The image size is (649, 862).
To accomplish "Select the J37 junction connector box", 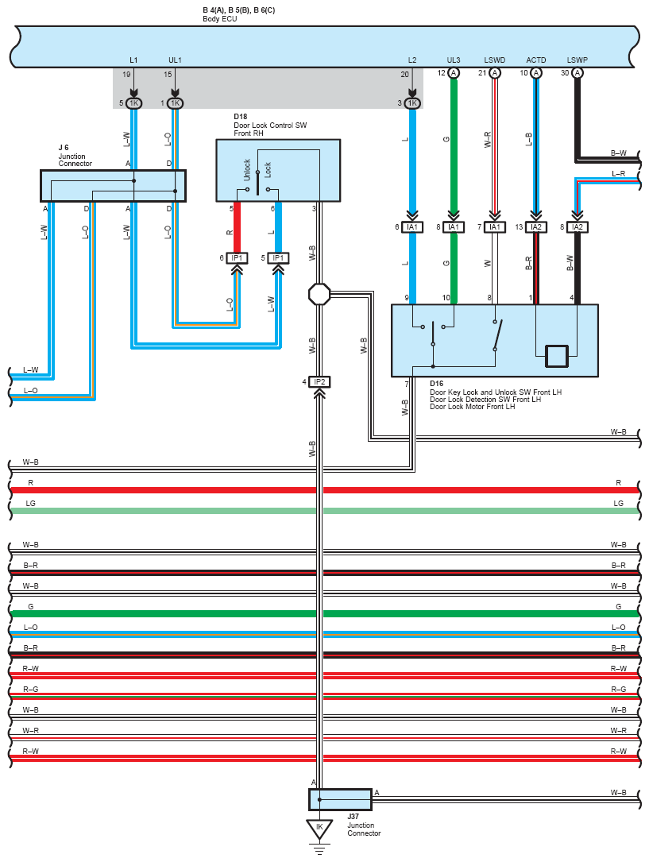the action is click(340, 799).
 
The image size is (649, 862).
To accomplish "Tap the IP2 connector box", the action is click(319, 381).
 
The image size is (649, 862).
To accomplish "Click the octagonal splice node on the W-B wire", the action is click(319, 294).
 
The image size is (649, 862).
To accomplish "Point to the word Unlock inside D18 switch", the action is click(247, 170).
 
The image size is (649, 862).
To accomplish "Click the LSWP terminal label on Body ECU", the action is click(577, 60).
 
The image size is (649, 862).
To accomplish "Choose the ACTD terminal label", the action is click(535, 60).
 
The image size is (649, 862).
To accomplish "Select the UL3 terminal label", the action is click(454, 60).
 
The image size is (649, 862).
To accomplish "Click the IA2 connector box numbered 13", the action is click(535, 227).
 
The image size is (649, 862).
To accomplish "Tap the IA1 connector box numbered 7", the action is click(495, 227).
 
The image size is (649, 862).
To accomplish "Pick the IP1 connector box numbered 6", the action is click(237, 258).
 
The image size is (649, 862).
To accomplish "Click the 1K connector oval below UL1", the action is click(175, 102).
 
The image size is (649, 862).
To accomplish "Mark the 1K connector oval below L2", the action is click(412, 102).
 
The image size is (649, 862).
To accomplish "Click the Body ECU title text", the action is click(220, 19).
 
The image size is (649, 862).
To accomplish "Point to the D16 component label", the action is click(436, 383).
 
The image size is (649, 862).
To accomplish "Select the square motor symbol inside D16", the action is click(557, 356).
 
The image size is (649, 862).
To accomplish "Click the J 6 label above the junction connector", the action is click(64, 147).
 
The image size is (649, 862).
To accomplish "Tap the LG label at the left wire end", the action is click(31, 503).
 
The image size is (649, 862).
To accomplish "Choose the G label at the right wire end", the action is click(618, 606).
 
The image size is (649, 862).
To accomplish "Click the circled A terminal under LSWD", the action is click(495, 73).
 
